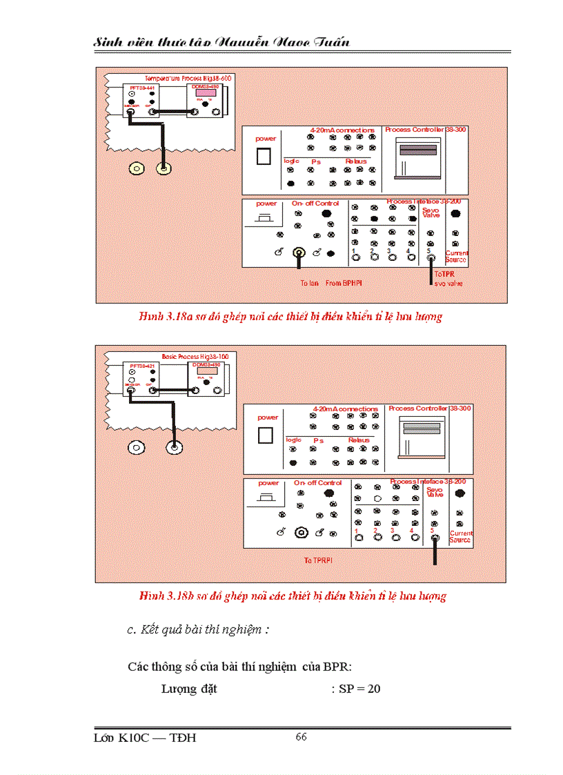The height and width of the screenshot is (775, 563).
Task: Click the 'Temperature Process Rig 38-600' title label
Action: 188,79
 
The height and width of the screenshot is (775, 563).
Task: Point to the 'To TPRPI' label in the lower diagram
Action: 319,560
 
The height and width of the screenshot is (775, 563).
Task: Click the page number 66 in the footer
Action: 301,737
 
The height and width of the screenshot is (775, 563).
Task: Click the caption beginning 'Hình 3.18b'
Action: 293,596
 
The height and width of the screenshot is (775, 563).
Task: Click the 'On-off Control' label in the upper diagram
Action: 315,204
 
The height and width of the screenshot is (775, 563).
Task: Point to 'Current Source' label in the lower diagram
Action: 460,536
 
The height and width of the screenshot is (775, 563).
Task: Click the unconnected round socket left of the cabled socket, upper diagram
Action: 137,168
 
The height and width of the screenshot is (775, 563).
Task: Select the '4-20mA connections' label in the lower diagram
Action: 345,409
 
